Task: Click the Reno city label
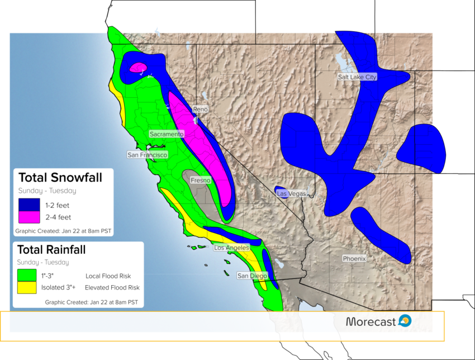point(201,109)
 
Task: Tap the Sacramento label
point(167,134)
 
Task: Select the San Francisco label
point(147,155)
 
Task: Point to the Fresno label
point(201,181)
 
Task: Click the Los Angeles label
point(232,248)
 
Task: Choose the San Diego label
point(253,276)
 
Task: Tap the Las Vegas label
point(291,193)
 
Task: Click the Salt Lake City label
point(357,77)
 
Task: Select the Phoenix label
point(354,258)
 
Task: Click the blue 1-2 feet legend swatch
point(29,205)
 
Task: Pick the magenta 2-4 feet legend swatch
point(29,217)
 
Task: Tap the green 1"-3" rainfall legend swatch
point(27,275)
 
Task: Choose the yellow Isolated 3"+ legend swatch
point(27,287)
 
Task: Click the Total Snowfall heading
point(60,178)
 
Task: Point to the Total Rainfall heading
point(51,250)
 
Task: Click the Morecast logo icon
point(405,321)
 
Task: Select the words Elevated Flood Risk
point(112,287)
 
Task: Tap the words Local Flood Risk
point(108,276)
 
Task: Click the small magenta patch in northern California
point(139,68)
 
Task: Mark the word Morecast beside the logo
point(371,321)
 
